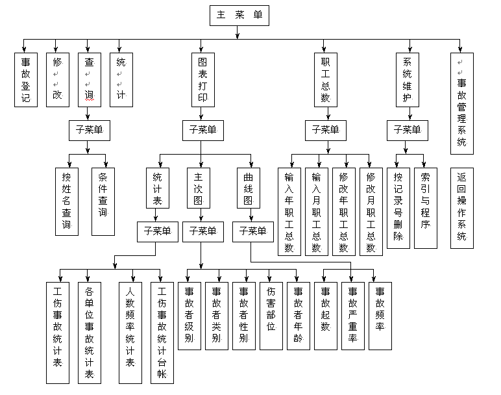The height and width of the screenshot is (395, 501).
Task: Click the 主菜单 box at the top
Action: coord(239,16)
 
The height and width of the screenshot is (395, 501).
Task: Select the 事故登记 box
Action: coord(25,80)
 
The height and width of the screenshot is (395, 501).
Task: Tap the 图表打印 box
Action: coord(202,80)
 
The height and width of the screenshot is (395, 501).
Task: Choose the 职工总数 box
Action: coord(325,80)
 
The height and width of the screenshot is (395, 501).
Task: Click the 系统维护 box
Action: coord(408,80)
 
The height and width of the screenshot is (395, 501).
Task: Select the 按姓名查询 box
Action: coord(66,201)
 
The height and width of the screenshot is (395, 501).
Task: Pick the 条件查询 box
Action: coord(103,201)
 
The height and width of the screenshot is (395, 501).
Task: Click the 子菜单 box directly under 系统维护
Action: coord(408,130)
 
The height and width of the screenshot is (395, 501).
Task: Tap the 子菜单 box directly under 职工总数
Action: coord(325,130)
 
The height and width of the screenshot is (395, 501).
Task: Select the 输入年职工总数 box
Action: coord(289,211)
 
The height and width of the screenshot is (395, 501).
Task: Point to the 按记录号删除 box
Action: coord(397,207)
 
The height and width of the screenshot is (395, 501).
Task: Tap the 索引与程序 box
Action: coord(425,207)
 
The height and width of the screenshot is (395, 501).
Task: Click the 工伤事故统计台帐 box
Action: coord(162,332)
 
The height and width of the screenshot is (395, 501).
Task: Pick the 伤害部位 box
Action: coord(271,316)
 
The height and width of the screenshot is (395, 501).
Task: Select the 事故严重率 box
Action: coord(352,316)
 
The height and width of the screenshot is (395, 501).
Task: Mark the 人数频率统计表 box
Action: coord(130,332)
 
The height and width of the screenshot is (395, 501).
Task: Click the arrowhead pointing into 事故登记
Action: coord(25,49)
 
